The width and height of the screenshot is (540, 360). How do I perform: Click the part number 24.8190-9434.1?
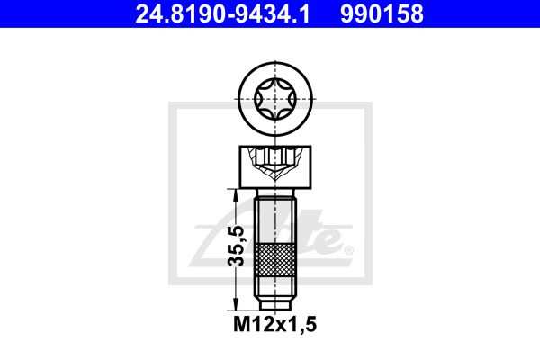[x=223, y=13]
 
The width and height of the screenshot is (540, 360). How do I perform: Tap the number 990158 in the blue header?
[x=382, y=13]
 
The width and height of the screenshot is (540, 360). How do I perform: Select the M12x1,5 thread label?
[x=274, y=324]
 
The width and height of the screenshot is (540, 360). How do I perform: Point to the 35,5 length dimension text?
[x=237, y=246]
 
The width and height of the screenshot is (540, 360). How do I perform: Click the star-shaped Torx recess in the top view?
[x=275, y=99]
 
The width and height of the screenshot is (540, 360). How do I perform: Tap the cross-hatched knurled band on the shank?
[x=275, y=260]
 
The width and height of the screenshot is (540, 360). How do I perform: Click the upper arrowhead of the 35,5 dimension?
[x=236, y=195]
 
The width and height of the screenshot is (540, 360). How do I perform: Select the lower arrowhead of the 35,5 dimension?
[x=236, y=304]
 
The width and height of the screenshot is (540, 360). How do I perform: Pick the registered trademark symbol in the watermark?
[x=348, y=250]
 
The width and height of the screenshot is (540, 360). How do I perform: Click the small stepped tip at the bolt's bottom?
[x=275, y=305]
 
